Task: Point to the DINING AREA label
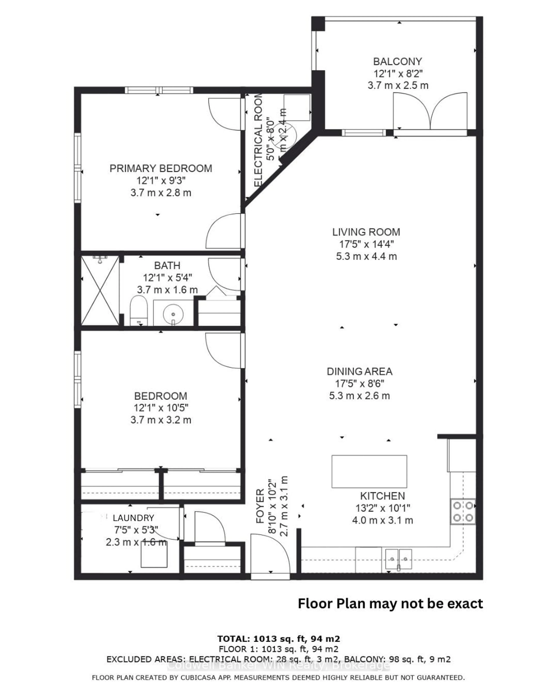pyautogui.click(x=359, y=371)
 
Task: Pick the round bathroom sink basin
pyautogui.click(x=173, y=314)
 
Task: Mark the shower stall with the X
pyautogui.click(x=100, y=290)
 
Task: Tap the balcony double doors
pyautogui.click(x=430, y=112)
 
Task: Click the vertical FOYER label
pyautogui.click(x=260, y=506)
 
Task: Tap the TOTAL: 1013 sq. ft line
pyautogui.click(x=278, y=639)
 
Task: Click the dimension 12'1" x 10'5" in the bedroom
pyautogui.click(x=161, y=408)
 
